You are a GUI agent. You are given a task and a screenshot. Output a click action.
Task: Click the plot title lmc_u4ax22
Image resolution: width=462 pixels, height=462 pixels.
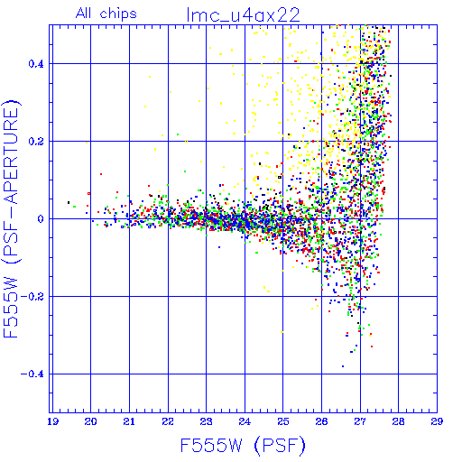pyautogui.click(x=243, y=15)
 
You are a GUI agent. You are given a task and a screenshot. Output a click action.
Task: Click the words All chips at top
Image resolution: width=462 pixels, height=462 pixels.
pyautogui.click(x=106, y=14)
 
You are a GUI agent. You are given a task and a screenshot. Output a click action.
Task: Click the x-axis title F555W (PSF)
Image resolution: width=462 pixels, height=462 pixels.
pyautogui.click(x=243, y=446)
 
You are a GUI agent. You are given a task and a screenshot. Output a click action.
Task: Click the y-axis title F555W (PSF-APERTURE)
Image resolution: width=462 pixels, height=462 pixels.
pyautogui.click(x=11, y=219)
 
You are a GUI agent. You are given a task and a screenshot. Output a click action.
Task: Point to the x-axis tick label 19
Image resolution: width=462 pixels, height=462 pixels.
pyautogui.click(x=52, y=421)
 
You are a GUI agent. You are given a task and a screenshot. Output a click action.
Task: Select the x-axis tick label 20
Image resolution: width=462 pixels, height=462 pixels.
pyautogui.click(x=90, y=421)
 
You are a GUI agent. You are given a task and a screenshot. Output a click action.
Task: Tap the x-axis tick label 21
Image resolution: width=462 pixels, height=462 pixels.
pyautogui.click(x=129, y=421)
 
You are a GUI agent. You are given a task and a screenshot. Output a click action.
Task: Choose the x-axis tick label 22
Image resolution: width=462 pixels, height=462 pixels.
pyautogui.click(x=168, y=421)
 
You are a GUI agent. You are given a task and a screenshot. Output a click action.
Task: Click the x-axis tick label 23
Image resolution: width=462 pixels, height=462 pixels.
pyautogui.click(x=207, y=421)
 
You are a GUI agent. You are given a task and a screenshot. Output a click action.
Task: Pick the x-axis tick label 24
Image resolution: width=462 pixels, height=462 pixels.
pyautogui.click(x=245, y=421)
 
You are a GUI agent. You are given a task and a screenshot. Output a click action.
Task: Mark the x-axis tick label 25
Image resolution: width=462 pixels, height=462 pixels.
pyautogui.click(x=283, y=421)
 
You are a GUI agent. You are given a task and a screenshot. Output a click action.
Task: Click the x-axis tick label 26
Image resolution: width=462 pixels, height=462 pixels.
pyautogui.click(x=321, y=421)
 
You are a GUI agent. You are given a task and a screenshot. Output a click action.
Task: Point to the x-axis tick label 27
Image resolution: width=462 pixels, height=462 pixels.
pyautogui.click(x=360, y=421)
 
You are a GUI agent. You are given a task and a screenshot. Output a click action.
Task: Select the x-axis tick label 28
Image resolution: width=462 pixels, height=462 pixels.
pyautogui.click(x=399, y=421)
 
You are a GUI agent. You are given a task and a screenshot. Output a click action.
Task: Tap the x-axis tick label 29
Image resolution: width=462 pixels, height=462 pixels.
pyautogui.click(x=437, y=421)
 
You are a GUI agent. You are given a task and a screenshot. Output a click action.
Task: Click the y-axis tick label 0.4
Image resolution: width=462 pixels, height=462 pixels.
pyautogui.click(x=36, y=64)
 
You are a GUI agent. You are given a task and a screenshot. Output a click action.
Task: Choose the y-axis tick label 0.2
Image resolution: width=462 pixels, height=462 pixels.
pyautogui.click(x=36, y=142)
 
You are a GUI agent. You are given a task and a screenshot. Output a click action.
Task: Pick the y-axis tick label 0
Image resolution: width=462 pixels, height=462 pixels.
pyautogui.click(x=41, y=219)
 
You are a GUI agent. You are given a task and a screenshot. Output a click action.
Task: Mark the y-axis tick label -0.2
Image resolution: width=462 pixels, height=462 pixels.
pyautogui.click(x=32, y=297)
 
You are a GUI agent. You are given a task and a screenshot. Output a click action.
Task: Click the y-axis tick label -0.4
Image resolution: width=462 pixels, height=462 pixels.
pyautogui.click(x=32, y=374)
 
